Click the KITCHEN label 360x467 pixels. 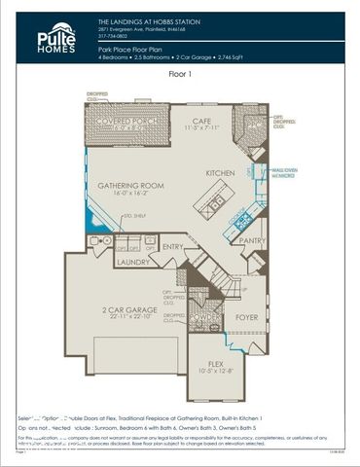[x=223, y=172]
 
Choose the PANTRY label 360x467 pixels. [x=252, y=240]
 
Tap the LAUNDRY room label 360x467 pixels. [x=131, y=262]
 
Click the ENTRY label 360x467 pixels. [x=173, y=247]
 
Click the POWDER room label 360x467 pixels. [x=200, y=316]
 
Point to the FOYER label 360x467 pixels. [x=246, y=316]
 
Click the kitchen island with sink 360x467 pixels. [x=216, y=203]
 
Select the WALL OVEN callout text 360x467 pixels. [x=284, y=169]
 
